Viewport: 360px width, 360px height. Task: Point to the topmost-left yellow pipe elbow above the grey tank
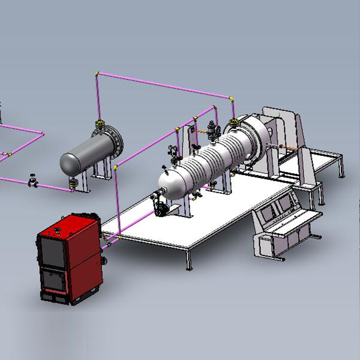pos(97,74)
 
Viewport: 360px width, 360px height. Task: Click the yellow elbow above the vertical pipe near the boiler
pos(116,167)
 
